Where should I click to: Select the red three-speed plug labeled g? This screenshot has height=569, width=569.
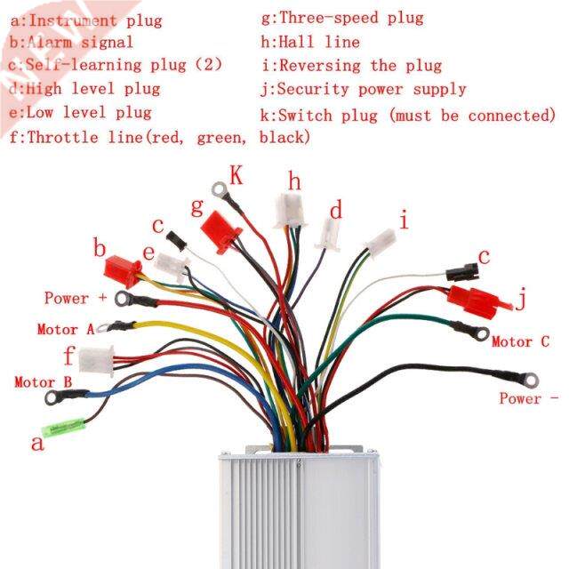point(222,230)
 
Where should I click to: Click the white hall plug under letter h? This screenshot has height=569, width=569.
point(290,211)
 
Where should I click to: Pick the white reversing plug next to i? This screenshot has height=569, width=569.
point(381,241)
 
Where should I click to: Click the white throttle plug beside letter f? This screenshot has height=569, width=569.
point(95,358)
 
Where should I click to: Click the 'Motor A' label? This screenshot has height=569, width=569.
point(65,329)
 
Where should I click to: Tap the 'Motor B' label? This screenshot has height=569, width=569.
point(43,382)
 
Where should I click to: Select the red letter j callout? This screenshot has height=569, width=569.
point(522,300)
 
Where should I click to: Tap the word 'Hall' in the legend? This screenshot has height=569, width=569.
point(296,42)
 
